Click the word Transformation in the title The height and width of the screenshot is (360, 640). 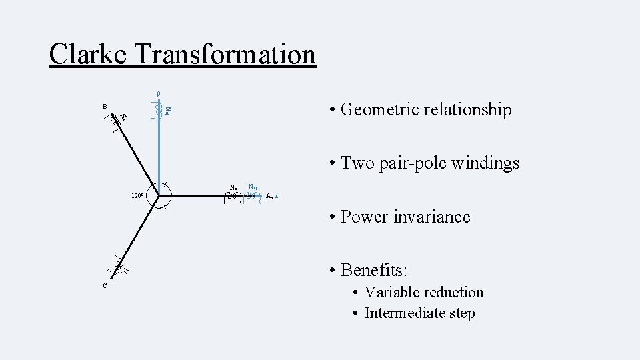click(x=225, y=54)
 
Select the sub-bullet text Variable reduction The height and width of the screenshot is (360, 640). click(x=424, y=292)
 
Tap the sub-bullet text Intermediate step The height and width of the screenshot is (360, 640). click(x=419, y=313)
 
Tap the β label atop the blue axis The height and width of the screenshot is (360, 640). click(x=158, y=93)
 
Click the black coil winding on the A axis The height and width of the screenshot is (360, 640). click(x=233, y=196)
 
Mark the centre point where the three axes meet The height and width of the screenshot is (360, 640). click(x=159, y=195)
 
